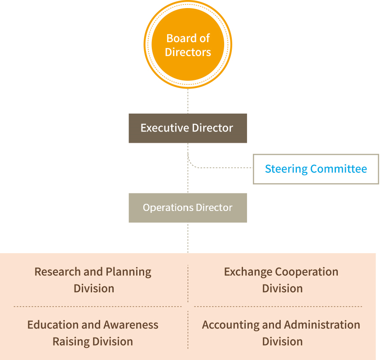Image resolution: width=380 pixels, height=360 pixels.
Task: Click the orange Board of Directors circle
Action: pyautogui.click(x=188, y=44)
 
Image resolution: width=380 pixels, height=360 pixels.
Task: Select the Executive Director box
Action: pyautogui.click(x=188, y=128)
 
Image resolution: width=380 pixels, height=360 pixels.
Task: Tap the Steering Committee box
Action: pyautogui.click(x=316, y=169)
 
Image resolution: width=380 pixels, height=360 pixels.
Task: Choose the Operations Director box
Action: pyautogui.click(x=188, y=208)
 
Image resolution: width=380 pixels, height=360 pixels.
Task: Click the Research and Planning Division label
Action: pyautogui.click(x=93, y=280)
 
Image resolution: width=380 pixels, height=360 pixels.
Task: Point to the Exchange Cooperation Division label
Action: pyautogui.click(x=281, y=280)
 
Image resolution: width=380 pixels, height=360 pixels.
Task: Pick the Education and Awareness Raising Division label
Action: pyautogui.click(x=93, y=333)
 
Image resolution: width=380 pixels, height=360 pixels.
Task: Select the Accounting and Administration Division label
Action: pyautogui.click(x=281, y=333)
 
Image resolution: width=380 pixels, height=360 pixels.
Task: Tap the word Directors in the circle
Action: pyautogui.click(x=188, y=52)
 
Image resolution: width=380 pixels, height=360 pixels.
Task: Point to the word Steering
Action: pyautogui.click(x=286, y=169)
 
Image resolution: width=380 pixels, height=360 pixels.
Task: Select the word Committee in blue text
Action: pyautogui.click(x=339, y=169)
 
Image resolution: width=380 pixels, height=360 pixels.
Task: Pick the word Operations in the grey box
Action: pyautogui.click(x=168, y=208)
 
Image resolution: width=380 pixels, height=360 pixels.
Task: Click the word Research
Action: pyautogui.click(x=57, y=272)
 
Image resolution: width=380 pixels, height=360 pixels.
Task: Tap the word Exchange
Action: pyautogui.click(x=248, y=272)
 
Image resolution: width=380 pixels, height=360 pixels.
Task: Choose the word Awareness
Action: pyautogui.click(x=131, y=325)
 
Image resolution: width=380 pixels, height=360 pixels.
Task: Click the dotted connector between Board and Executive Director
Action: pyautogui.click(x=188, y=101)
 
